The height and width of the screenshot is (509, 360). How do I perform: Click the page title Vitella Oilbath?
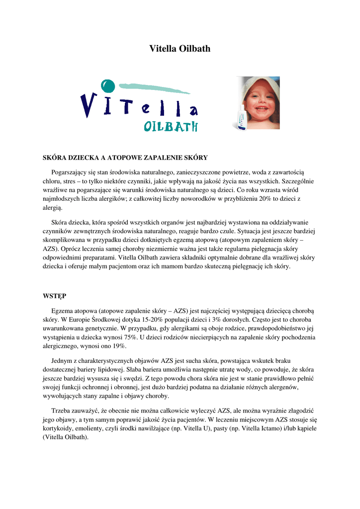pos(180,49)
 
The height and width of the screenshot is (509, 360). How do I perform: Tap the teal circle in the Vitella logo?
pos(107,86)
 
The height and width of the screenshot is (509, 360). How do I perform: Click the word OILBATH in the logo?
pos(171,127)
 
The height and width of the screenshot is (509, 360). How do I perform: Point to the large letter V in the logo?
pos(90,105)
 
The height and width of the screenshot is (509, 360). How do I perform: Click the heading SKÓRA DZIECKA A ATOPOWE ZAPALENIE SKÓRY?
pos(125,158)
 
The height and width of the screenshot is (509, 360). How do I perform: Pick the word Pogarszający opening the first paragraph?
pos(70,171)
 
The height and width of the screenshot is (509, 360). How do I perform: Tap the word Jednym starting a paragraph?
pos(63,360)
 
